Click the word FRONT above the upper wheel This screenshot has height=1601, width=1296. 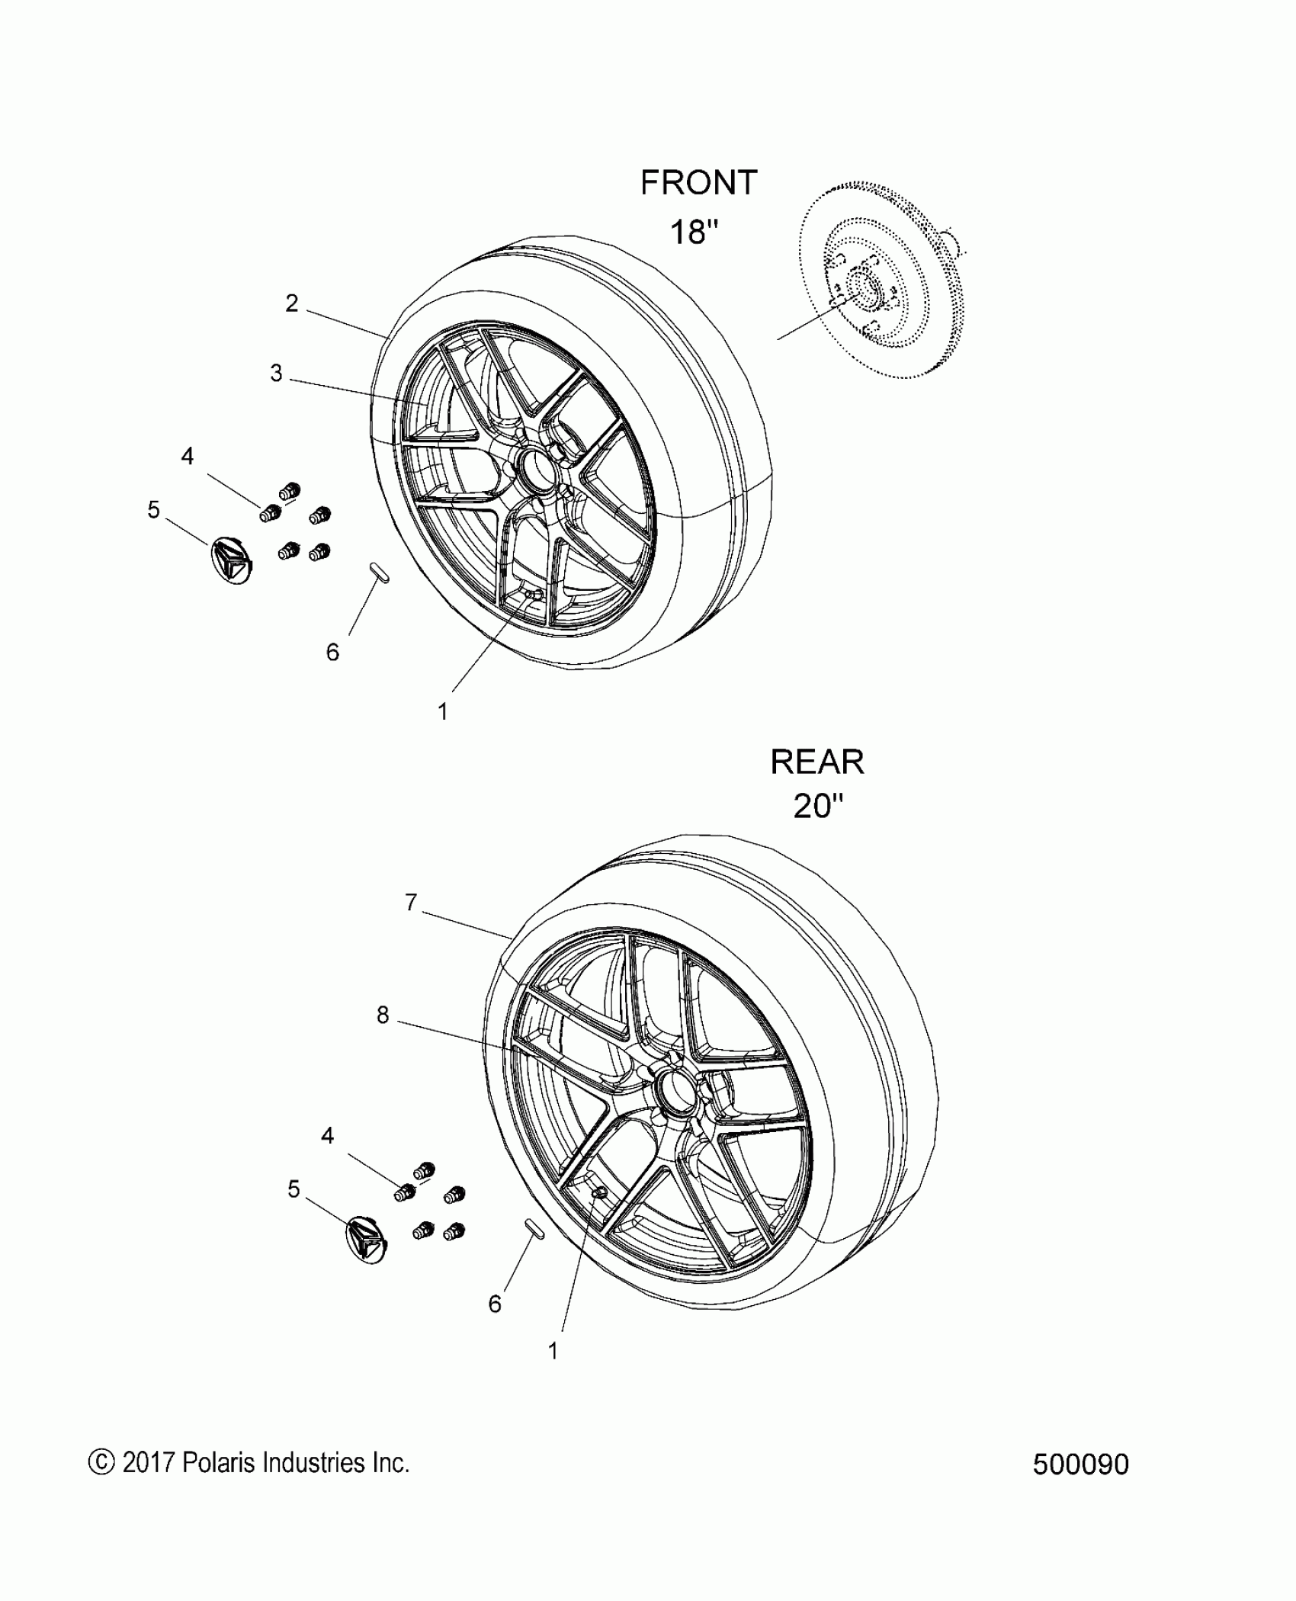698,183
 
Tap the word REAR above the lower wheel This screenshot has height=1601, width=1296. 817,762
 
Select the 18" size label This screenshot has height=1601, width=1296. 695,231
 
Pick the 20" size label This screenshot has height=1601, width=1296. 819,806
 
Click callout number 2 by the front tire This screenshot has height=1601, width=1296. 291,303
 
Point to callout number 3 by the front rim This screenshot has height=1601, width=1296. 276,374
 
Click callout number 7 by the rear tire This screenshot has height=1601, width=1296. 411,903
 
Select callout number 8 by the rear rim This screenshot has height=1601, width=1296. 383,1015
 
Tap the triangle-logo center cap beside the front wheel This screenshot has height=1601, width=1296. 232,561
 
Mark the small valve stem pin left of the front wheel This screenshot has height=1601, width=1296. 379,573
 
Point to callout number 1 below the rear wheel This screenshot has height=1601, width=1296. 553,1351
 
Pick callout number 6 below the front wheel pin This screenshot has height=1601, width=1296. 332,652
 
